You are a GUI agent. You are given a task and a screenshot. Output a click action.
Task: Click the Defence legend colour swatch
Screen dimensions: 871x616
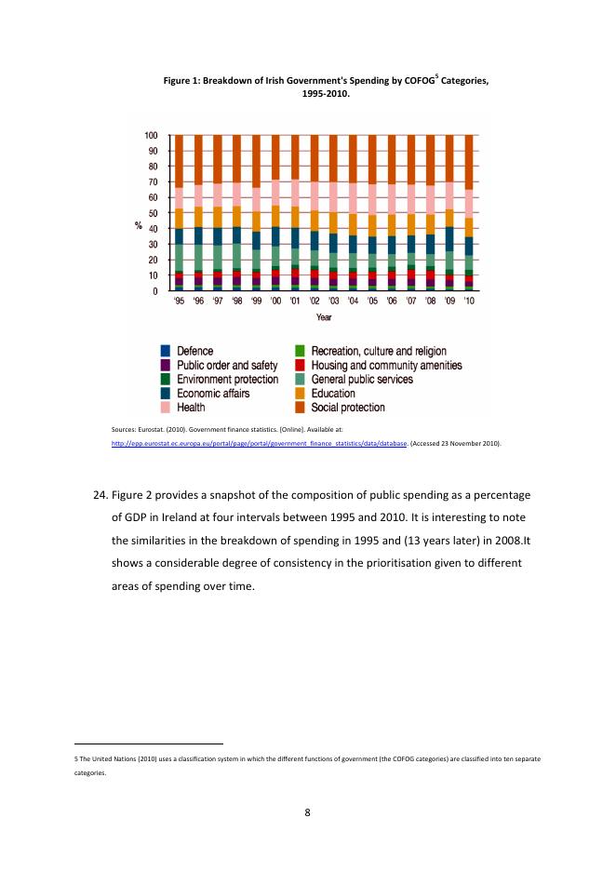pos(165,352)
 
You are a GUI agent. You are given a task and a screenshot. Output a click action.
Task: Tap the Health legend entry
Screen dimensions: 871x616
pos(191,408)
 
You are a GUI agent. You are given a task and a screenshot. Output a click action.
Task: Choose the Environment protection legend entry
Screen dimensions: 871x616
pos(227,380)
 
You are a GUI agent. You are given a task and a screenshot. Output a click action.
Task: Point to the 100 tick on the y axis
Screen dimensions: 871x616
pos(150,136)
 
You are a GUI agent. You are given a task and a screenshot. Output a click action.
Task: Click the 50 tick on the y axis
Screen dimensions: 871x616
pos(152,213)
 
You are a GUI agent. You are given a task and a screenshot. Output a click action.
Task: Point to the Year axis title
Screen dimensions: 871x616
pos(324,318)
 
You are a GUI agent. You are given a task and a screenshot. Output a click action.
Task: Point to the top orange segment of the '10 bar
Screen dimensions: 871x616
pos(470,162)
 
